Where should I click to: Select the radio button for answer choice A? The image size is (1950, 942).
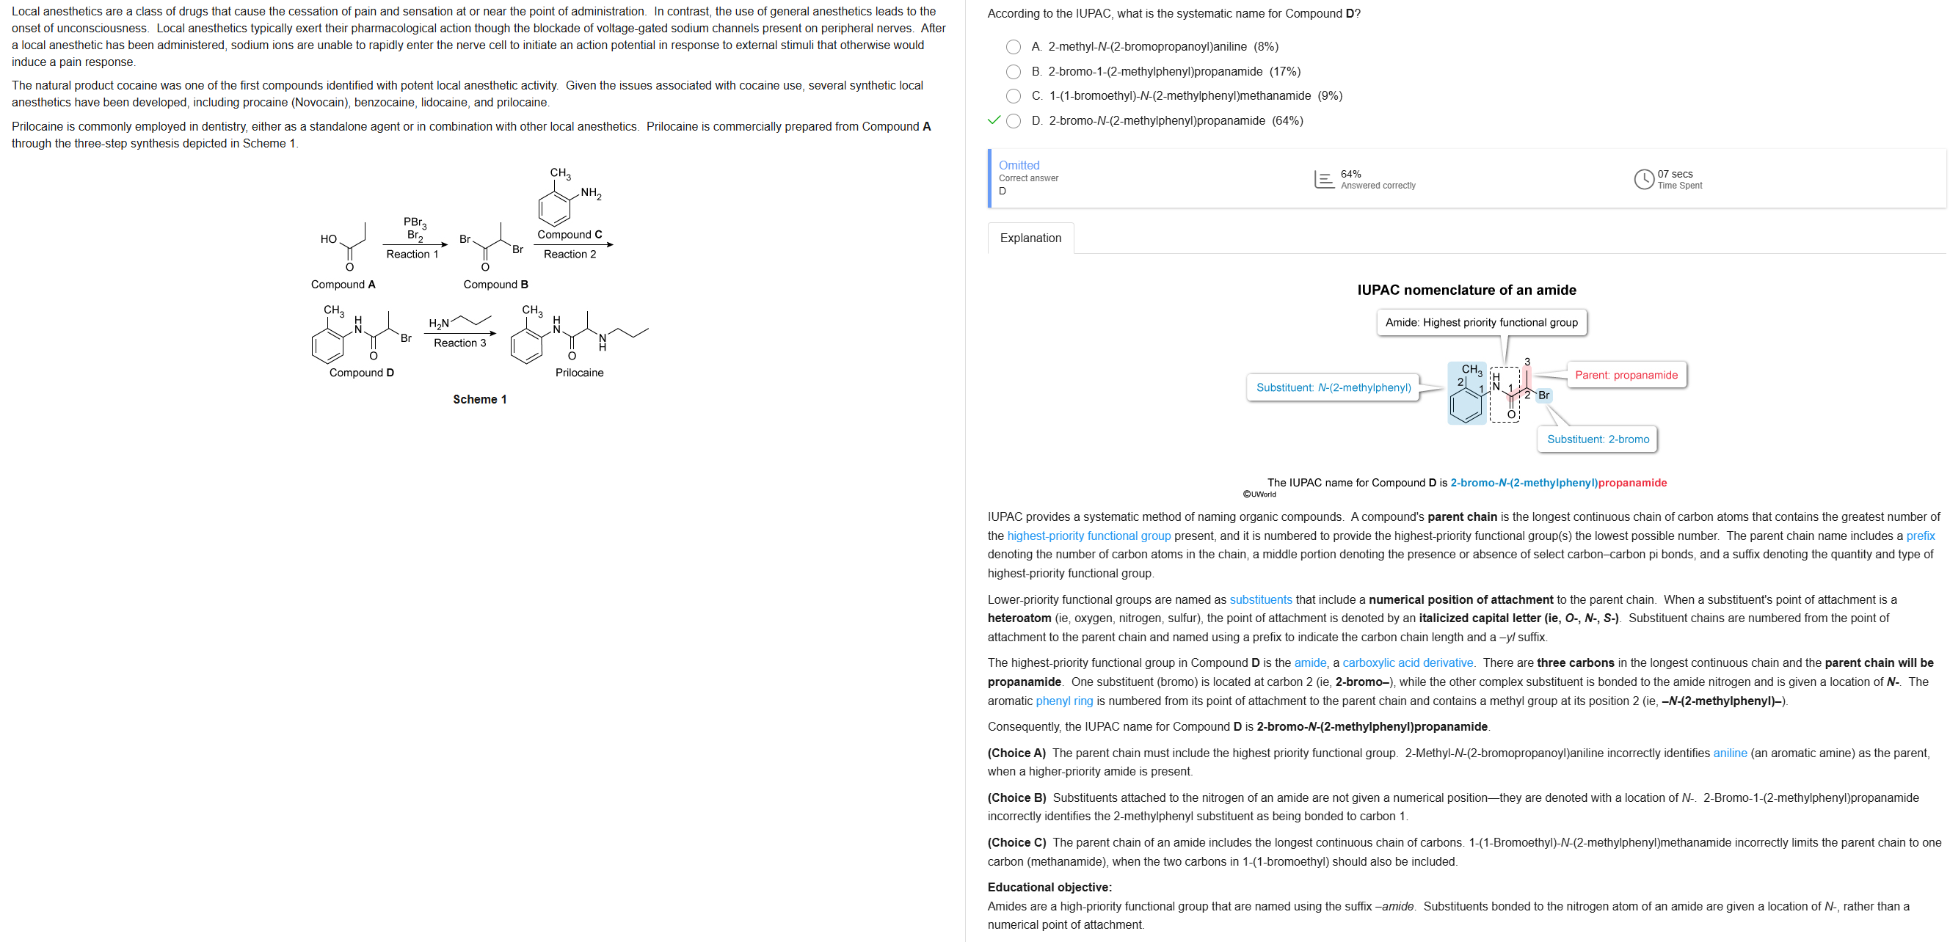point(1013,47)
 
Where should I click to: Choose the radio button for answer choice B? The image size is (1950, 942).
point(1013,72)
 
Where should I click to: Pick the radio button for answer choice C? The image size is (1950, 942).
point(1013,96)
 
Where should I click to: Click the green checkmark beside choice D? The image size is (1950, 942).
point(994,120)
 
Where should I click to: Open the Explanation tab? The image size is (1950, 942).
point(1030,238)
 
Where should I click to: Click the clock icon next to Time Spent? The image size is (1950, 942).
point(1643,179)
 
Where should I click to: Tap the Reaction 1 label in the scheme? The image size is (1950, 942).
point(412,255)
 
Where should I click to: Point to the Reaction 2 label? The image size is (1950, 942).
point(570,255)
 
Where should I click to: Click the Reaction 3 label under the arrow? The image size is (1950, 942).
point(459,343)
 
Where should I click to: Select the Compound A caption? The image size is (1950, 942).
point(343,285)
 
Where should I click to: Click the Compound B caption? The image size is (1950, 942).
point(496,285)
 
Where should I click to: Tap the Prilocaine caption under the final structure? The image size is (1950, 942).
point(579,372)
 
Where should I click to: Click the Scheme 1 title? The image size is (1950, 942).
point(480,400)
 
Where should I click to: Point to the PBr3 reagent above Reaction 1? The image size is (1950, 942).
point(415,222)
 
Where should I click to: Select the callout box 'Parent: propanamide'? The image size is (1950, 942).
point(1626,376)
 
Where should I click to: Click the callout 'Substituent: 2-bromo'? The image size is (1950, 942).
point(1597,439)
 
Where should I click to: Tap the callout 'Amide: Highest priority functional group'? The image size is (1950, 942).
point(1481,322)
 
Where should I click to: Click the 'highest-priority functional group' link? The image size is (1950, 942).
point(1088,536)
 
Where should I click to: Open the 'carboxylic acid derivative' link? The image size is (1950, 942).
point(1407,662)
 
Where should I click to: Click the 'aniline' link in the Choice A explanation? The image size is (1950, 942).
point(1730,753)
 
